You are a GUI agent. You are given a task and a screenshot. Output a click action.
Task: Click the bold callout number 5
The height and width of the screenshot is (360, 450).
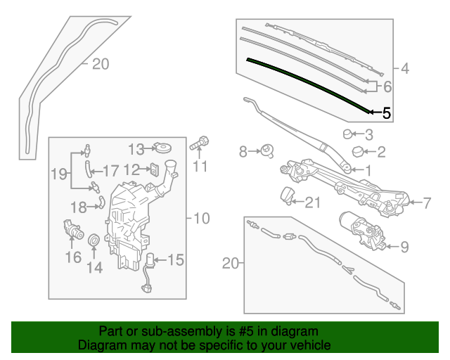[x=387, y=112]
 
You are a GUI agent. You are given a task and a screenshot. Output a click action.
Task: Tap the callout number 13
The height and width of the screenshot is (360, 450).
[x=136, y=149]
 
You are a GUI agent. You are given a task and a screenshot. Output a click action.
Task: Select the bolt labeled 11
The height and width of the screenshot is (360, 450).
[x=200, y=143]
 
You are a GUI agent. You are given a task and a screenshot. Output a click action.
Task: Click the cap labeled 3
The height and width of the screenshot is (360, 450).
[x=347, y=134]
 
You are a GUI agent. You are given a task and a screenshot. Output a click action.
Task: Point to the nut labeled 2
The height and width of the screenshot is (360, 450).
[x=358, y=151]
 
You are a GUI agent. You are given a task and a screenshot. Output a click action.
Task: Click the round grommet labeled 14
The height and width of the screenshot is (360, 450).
[x=94, y=240]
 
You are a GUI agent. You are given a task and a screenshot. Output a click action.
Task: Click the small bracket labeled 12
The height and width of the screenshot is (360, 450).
[x=154, y=169]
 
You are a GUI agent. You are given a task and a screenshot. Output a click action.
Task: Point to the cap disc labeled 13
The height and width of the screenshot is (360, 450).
[x=162, y=148]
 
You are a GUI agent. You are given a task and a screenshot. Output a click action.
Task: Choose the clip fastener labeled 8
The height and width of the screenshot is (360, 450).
[x=266, y=150]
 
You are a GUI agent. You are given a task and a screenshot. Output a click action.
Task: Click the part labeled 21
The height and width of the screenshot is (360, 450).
[x=286, y=196]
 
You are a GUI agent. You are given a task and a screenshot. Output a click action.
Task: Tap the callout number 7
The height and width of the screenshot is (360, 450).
[x=427, y=203]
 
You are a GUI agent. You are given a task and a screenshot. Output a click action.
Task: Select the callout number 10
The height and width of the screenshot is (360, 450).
[x=202, y=218]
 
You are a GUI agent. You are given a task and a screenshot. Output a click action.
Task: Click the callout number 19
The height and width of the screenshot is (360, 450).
[x=59, y=174]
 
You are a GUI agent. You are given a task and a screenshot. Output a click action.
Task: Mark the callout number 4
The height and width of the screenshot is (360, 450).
[x=405, y=69]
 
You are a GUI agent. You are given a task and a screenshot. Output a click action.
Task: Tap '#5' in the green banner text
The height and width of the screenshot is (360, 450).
[x=246, y=331]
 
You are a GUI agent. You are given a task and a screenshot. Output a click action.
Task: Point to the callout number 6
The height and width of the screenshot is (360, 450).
[x=387, y=86]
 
